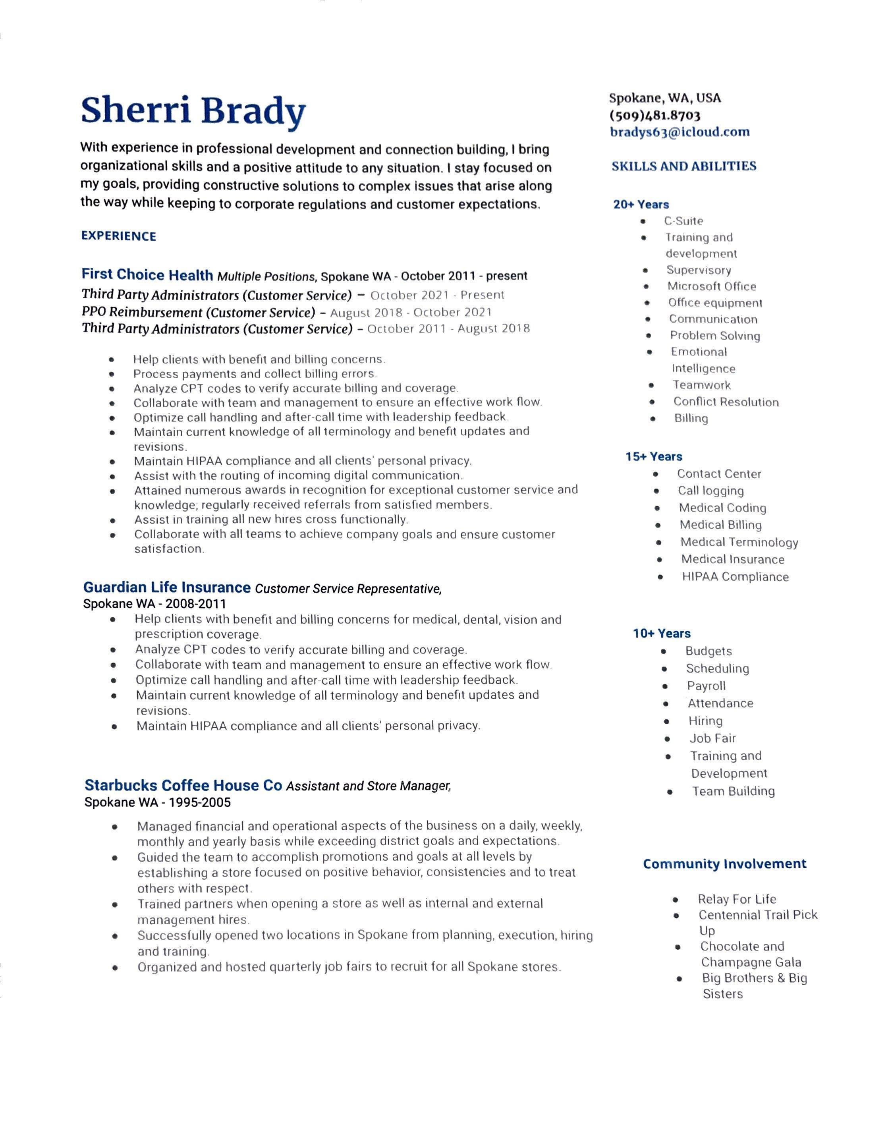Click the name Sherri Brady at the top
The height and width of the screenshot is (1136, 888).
(193, 111)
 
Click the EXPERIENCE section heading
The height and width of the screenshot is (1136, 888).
(119, 236)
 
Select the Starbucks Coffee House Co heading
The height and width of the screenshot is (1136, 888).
(183, 785)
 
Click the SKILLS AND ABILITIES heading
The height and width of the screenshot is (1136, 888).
(683, 166)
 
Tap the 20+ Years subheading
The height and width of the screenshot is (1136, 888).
(641, 205)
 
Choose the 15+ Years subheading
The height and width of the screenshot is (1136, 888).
(654, 457)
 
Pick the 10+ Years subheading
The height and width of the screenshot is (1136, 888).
(662, 634)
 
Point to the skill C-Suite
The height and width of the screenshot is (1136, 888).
(683, 221)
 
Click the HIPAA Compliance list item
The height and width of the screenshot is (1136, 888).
(735, 577)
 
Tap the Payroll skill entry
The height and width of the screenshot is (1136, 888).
(706, 686)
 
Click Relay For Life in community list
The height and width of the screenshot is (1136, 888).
(737, 899)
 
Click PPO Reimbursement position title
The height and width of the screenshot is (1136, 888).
(199, 312)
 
